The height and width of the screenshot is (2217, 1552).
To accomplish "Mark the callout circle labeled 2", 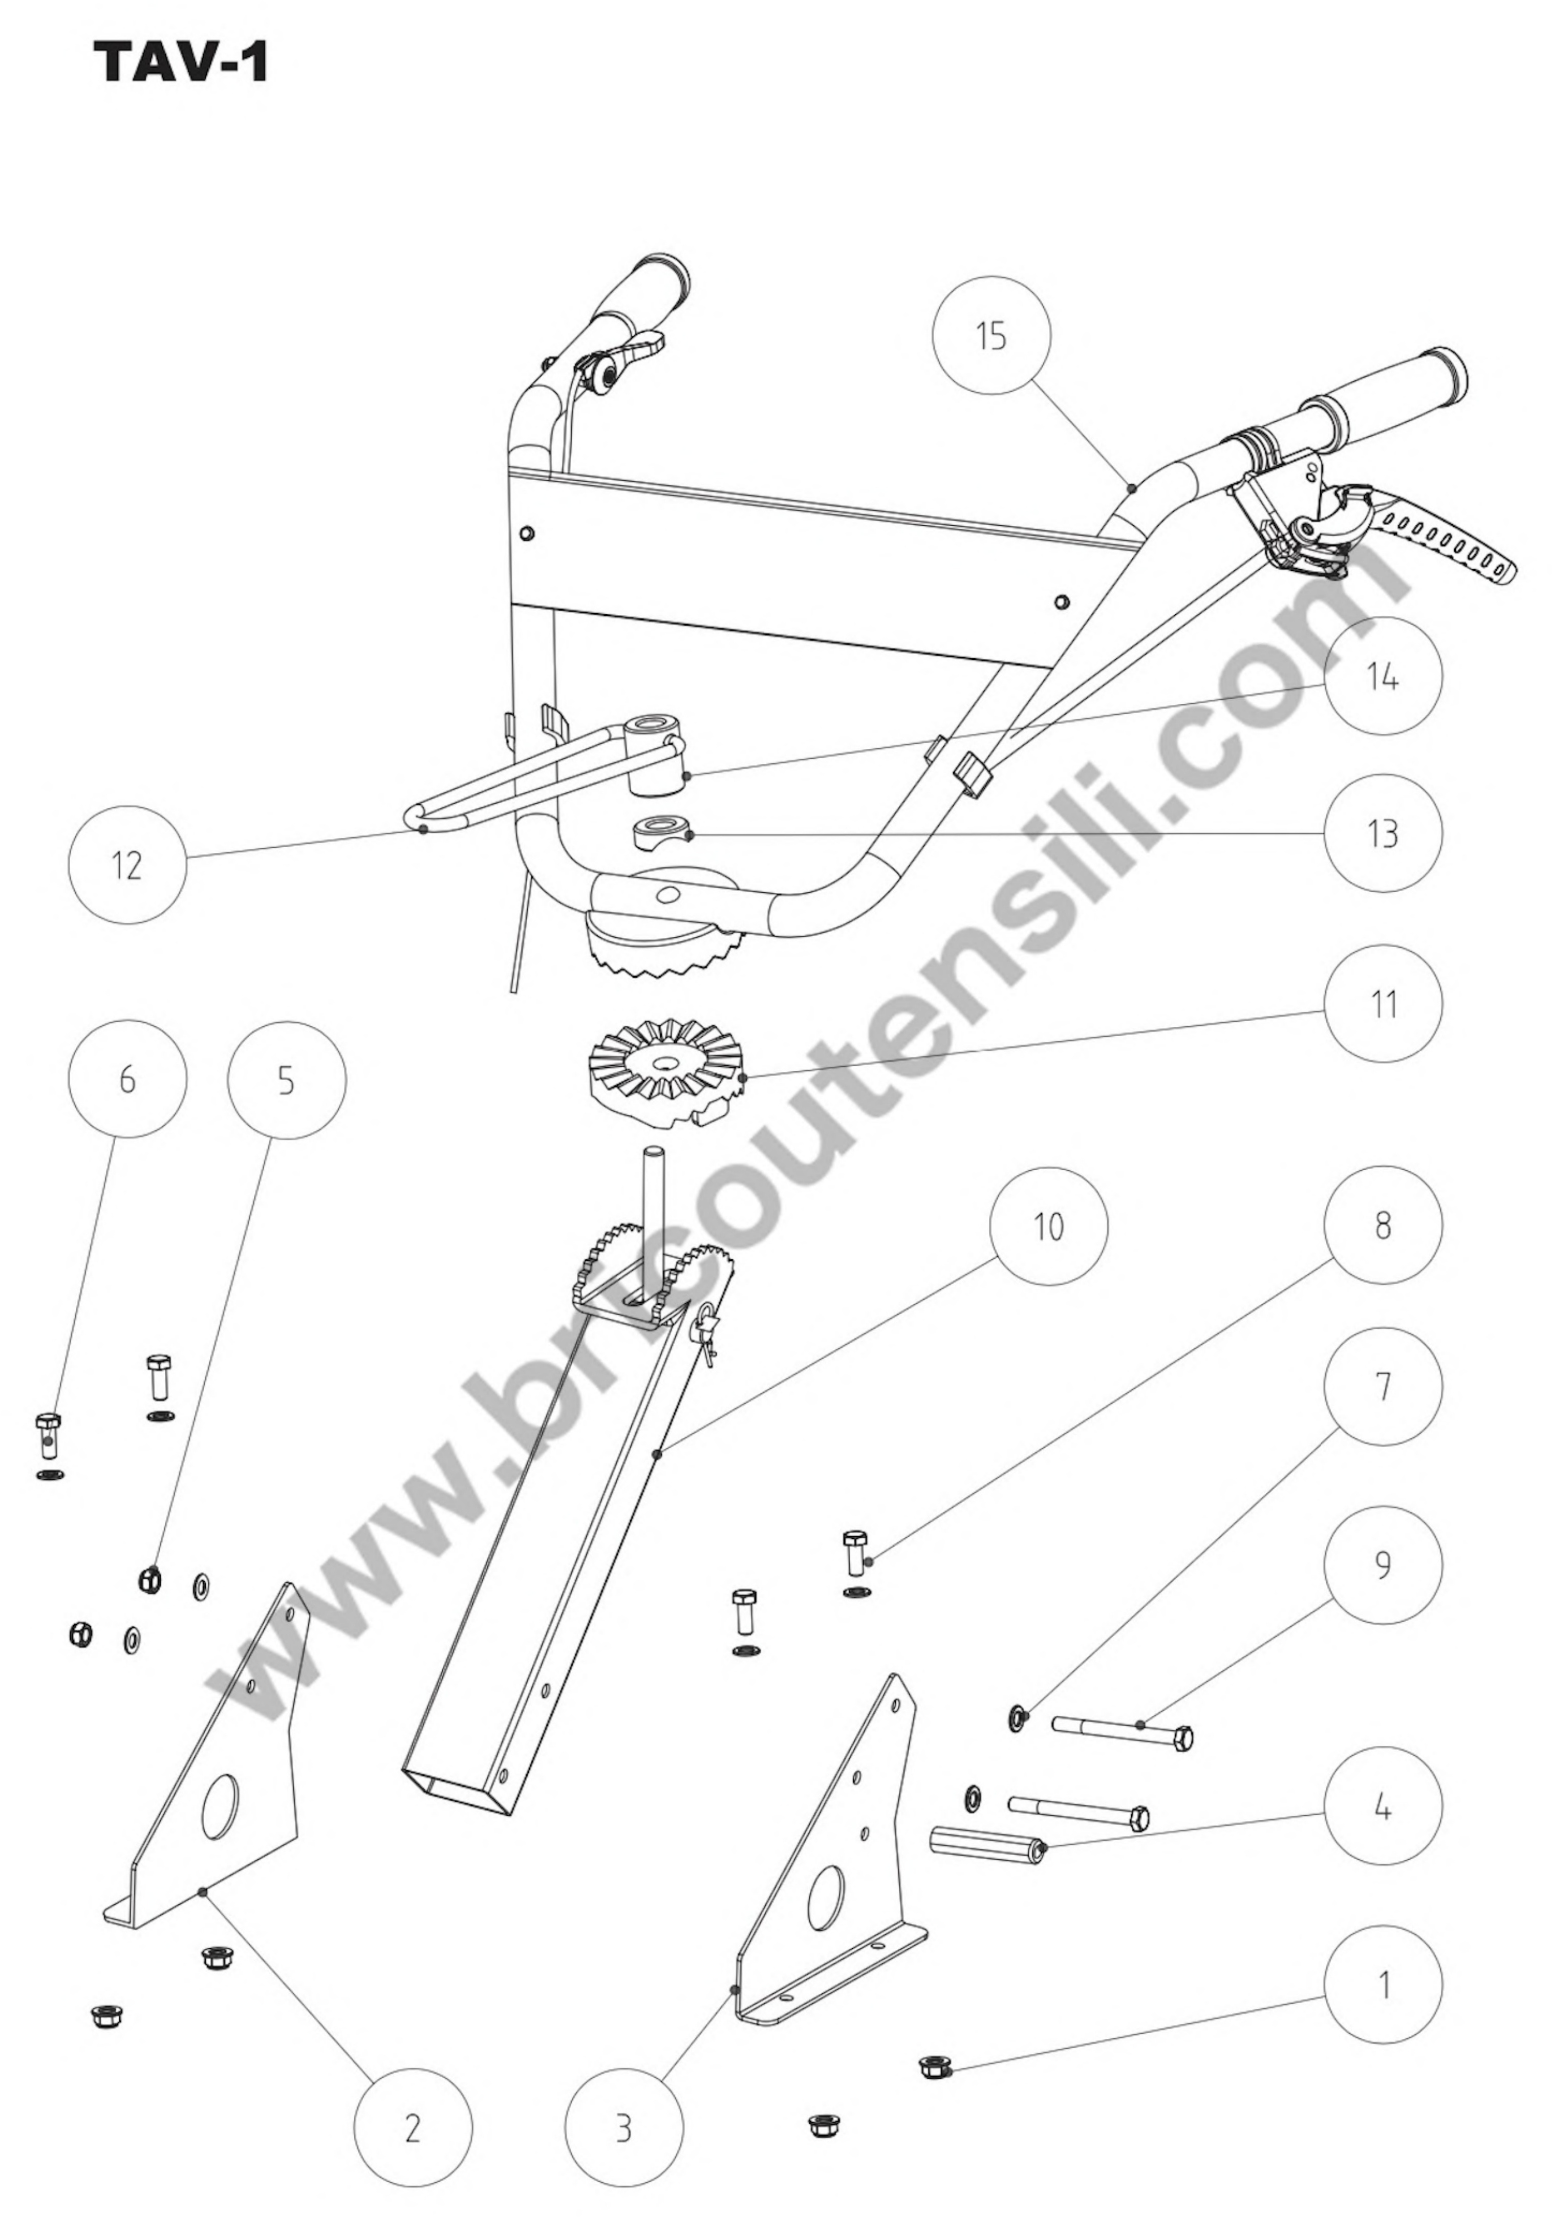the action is click(x=413, y=2128).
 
